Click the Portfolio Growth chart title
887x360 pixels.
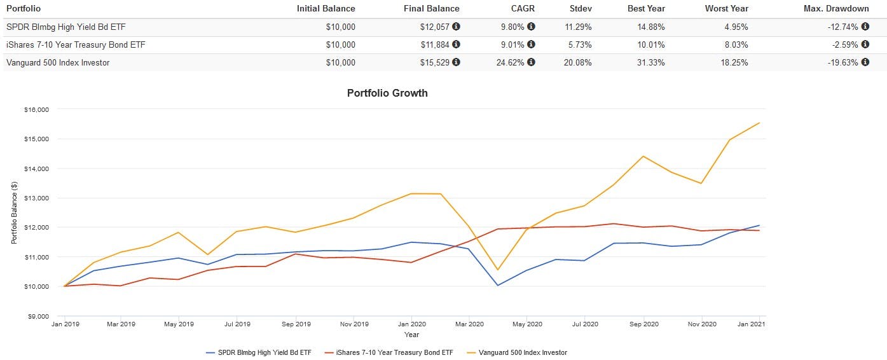tap(387, 93)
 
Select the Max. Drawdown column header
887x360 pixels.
tap(837, 9)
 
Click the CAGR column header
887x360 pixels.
tap(524, 9)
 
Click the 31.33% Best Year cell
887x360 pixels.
tap(652, 62)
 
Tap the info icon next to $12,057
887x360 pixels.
tap(456, 27)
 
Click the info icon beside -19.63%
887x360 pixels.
tap(865, 62)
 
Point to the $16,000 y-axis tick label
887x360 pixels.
tap(37, 109)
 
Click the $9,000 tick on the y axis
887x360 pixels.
tap(38, 316)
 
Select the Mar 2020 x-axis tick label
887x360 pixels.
tap(469, 324)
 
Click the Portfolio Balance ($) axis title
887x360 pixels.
tap(14, 212)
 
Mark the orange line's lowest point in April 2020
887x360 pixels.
tap(498, 270)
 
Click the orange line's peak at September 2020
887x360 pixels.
tap(643, 156)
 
